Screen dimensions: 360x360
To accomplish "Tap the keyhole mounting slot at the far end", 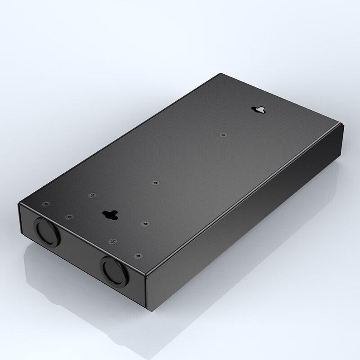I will point(259,109).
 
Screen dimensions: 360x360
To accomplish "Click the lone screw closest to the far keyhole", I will point(223,134).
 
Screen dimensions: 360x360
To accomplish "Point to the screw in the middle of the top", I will point(156,183).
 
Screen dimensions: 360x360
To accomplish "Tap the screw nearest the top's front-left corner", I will point(46,204).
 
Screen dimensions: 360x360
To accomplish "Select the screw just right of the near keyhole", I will point(145,223).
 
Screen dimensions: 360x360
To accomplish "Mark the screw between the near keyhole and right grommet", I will point(113,242).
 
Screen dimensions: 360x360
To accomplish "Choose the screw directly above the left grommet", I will point(68,216).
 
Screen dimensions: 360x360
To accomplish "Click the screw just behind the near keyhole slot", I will point(92,195).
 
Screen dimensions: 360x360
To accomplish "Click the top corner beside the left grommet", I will point(18,203).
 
